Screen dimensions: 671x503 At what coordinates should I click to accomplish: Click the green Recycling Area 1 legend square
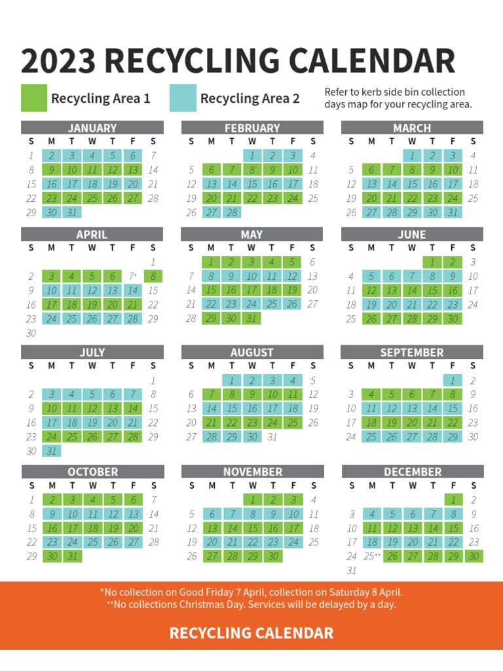tap(34, 98)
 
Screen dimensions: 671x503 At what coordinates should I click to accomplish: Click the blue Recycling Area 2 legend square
tap(183, 98)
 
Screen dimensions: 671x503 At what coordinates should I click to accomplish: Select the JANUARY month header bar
tap(92, 128)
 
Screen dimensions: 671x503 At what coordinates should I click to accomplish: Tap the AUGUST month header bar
tap(252, 353)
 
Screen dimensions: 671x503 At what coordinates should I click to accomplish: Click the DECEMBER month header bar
tap(413, 472)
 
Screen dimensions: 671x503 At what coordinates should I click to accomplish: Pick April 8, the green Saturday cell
tap(153, 277)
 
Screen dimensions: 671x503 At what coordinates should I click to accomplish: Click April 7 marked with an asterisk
tap(132, 277)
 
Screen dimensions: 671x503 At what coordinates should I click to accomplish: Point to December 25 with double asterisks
tap(372, 556)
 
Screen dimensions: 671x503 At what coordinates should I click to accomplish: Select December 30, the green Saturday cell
tap(474, 556)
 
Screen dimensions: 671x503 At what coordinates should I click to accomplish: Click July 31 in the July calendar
tap(52, 451)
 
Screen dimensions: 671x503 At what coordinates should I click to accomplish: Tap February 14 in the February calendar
tap(232, 184)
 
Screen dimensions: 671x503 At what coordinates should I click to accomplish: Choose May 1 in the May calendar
tap(212, 262)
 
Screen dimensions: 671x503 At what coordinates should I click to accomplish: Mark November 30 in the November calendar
tap(272, 556)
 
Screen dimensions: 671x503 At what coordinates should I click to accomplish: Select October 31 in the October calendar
tap(72, 556)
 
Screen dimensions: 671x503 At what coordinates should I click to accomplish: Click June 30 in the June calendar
tap(453, 318)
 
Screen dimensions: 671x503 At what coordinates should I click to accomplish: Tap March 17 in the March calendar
tap(453, 184)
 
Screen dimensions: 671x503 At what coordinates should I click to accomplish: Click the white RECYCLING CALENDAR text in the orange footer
tap(251, 633)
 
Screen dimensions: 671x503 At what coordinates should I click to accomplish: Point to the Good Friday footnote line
tap(251, 592)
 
